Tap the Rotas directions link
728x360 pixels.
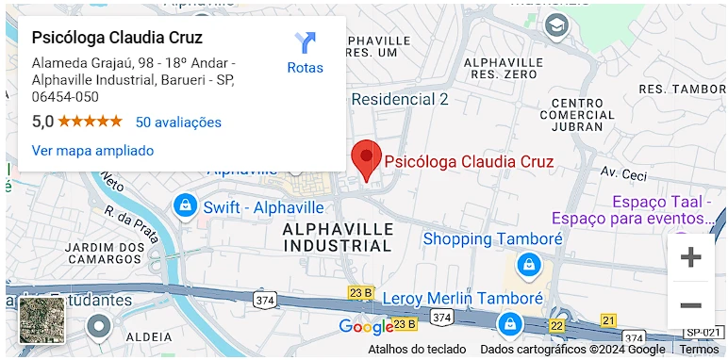pos(305,54)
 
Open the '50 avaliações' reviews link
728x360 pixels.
pos(178,122)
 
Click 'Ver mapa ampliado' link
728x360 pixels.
pos(92,150)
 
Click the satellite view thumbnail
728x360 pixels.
pos(42,319)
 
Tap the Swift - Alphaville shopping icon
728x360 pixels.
pos(185,205)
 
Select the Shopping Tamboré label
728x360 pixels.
pos(492,238)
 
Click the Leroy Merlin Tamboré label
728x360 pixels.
pos(462,298)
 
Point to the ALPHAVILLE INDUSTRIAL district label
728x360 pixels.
pos(338,237)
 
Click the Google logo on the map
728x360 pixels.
pos(365,327)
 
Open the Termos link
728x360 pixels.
pos(699,349)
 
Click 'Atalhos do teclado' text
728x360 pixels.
pos(417,349)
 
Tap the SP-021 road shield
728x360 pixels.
pos(703,332)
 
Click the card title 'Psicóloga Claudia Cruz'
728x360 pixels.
pos(117,38)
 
